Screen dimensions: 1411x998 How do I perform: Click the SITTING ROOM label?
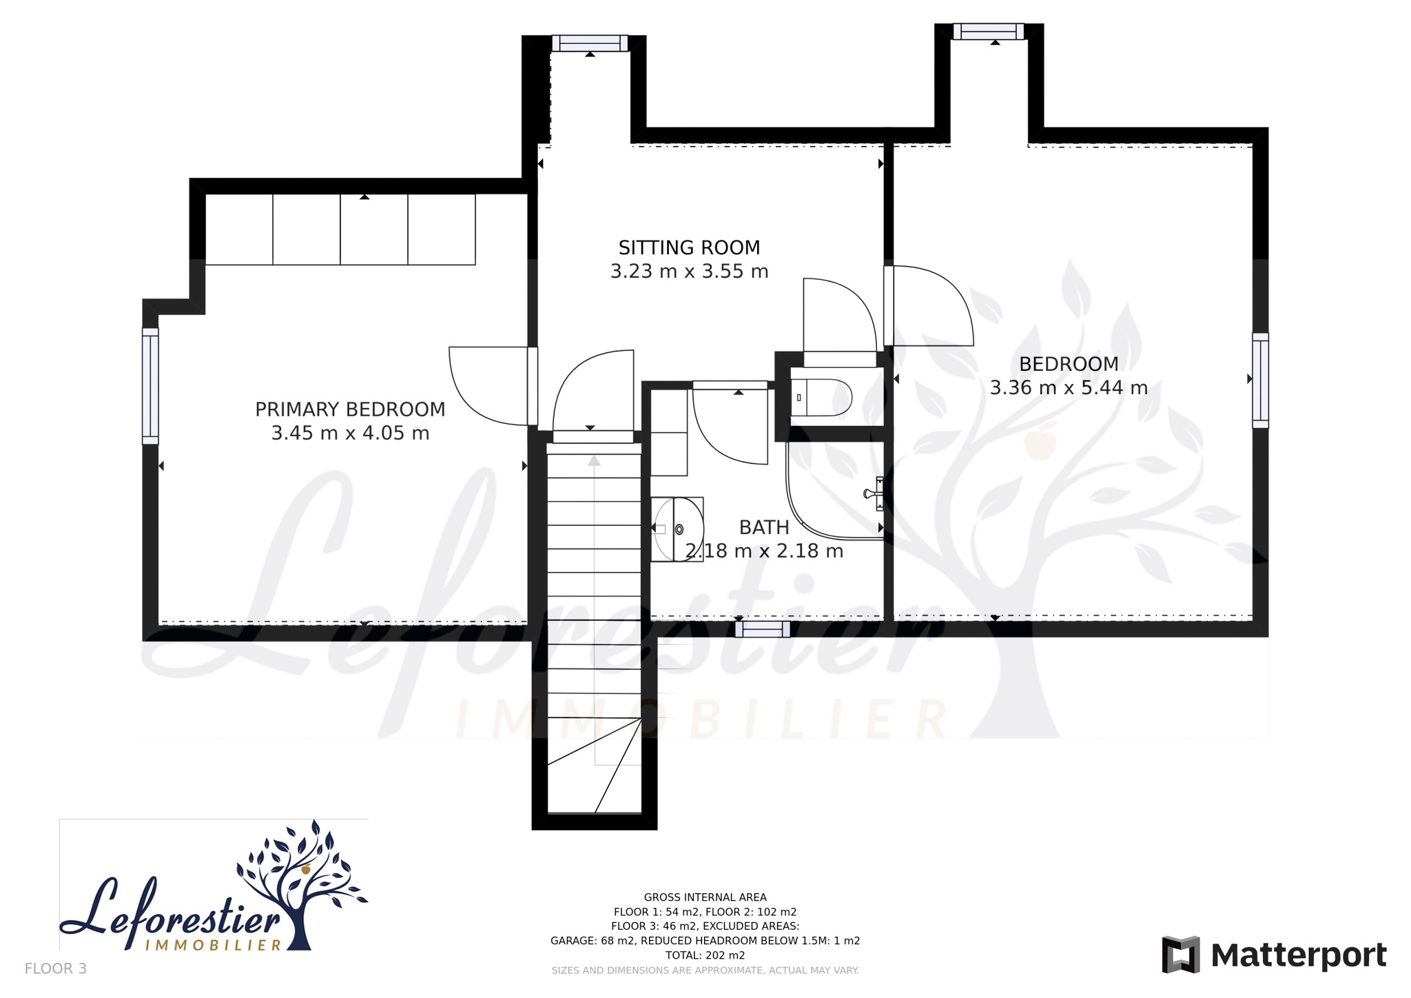click(x=689, y=247)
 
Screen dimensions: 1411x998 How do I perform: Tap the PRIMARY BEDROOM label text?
click(x=350, y=409)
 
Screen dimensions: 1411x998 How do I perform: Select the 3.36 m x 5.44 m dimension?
click(x=1069, y=388)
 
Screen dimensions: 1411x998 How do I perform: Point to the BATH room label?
click(x=764, y=527)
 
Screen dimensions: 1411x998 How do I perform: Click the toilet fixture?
click(x=821, y=397)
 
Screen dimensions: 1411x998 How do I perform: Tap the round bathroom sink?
click(x=679, y=529)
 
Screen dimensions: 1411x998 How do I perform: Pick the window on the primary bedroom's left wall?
click(x=150, y=386)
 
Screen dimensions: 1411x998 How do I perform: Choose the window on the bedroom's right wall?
click(x=1260, y=380)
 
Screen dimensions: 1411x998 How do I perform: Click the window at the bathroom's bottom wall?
click(x=763, y=629)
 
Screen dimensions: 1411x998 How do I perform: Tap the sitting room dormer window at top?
click(x=590, y=43)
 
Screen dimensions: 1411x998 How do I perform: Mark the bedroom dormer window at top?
click(x=989, y=32)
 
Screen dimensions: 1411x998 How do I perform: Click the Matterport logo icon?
click(x=1181, y=955)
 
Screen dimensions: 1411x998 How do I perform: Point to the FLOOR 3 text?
click(x=56, y=968)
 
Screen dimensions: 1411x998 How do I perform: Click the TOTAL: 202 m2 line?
click(x=705, y=955)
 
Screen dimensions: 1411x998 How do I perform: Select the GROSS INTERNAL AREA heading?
click(x=705, y=897)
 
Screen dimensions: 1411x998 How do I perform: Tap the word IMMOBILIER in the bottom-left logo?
click(x=214, y=944)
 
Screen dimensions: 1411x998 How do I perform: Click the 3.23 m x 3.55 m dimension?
click(x=689, y=272)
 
